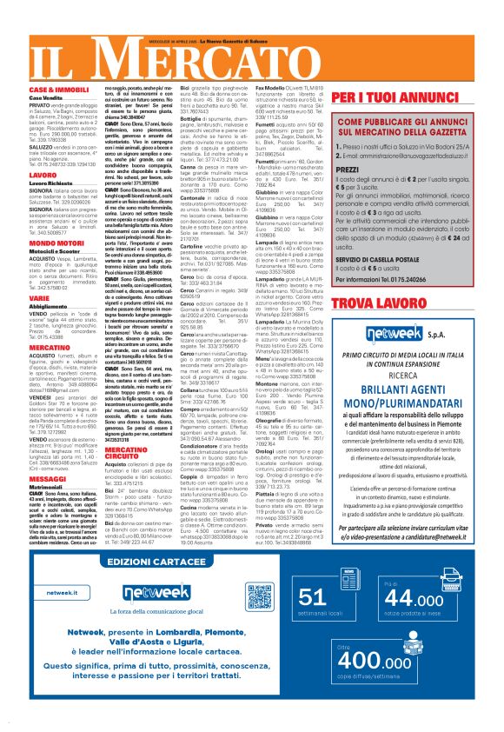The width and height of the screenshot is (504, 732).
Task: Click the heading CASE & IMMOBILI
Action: pos(56,90)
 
